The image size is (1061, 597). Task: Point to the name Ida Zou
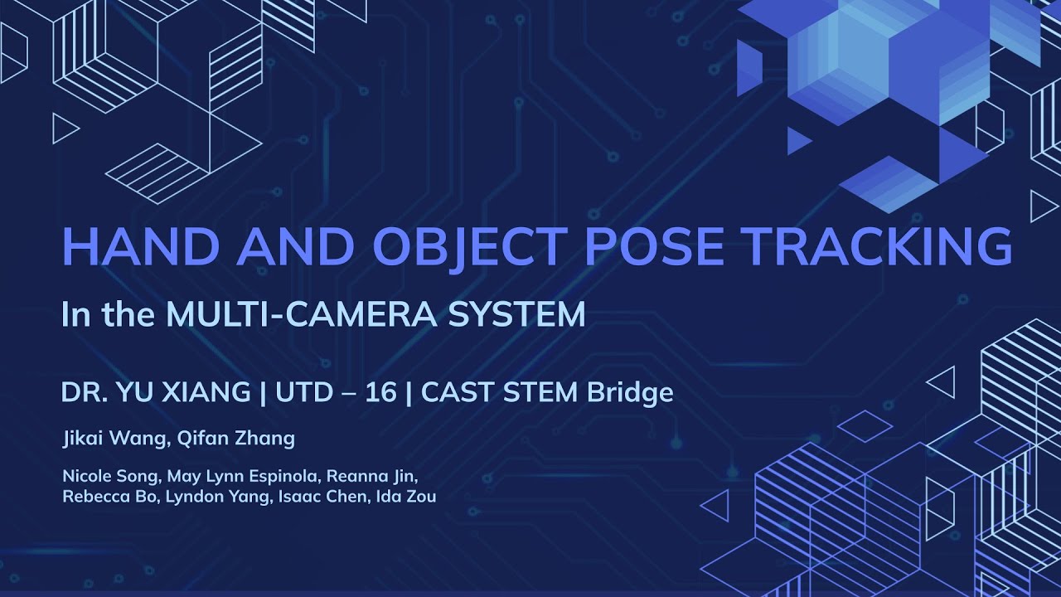pos(405,497)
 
